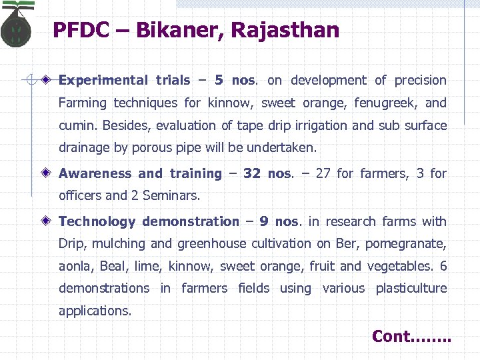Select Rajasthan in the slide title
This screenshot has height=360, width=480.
pyautogui.click(x=285, y=30)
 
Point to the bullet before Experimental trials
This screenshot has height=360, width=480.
pyautogui.click(x=45, y=80)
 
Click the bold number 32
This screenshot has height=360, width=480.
pyautogui.click(x=251, y=174)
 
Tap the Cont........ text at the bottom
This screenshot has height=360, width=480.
pyautogui.click(x=411, y=337)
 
